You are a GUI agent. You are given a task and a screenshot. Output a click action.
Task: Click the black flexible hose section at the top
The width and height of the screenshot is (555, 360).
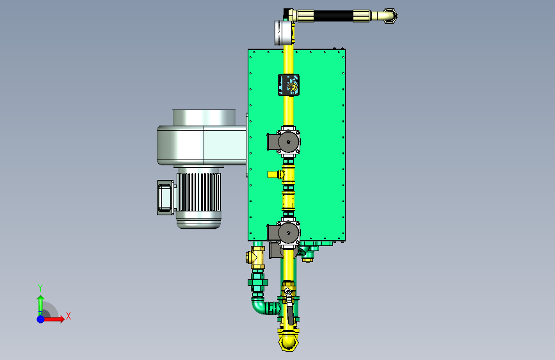333,16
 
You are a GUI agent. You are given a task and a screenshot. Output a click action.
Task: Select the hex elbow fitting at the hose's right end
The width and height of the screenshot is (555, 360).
390,16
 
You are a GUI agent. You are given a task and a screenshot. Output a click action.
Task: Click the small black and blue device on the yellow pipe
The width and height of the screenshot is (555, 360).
289,85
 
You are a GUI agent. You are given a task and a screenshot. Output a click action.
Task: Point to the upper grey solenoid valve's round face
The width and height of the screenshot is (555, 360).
289,142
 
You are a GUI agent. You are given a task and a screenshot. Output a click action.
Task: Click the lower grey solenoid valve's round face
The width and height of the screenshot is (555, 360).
289,233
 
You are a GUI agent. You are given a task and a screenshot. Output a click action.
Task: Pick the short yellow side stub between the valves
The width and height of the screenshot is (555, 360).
273,174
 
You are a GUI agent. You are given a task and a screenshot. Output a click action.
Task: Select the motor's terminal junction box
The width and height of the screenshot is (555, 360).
165,197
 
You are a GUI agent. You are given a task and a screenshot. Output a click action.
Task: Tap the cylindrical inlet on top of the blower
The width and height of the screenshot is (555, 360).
204,117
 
